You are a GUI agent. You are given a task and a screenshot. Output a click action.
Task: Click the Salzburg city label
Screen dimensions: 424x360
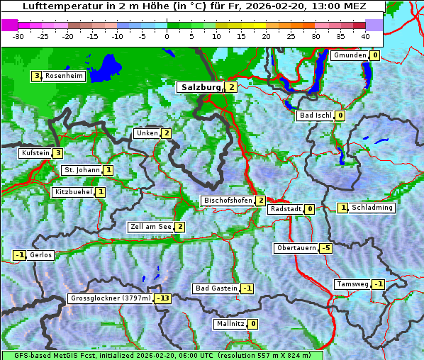(x=201, y=87)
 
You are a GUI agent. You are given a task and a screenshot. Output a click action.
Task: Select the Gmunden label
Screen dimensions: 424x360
(x=350, y=55)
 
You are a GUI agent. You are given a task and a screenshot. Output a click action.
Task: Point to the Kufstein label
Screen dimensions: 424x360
(x=35, y=153)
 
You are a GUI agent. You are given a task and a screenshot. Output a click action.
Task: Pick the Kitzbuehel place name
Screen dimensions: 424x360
(x=74, y=192)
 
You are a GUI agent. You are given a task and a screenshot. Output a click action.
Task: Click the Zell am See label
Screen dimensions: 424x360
(x=150, y=227)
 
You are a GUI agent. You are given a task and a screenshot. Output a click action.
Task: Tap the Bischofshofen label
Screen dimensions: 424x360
(x=228, y=201)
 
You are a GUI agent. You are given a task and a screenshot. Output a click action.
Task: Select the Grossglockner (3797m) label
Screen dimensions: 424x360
(x=111, y=299)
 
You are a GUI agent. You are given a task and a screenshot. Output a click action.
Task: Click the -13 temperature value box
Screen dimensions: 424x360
(x=164, y=299)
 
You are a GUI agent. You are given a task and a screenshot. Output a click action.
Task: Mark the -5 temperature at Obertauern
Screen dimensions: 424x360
(x=325, y=248)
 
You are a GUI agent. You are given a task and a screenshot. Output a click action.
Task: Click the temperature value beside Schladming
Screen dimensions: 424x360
(x=342, y=208)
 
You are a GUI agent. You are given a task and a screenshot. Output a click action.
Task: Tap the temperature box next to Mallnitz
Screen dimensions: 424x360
(x=253, y=324)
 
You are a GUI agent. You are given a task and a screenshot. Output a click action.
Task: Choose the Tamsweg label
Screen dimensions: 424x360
(x=352, y=284)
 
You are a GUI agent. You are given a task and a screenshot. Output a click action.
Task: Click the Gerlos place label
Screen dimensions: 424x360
(x=41, y=255)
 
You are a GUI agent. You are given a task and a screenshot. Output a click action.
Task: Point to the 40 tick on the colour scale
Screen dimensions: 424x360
(x=365, y=35)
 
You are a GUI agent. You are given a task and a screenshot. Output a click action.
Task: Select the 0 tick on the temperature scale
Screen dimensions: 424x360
(x=167, y=35)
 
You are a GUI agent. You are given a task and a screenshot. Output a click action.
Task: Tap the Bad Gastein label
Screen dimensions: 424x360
(x=216, y=288)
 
